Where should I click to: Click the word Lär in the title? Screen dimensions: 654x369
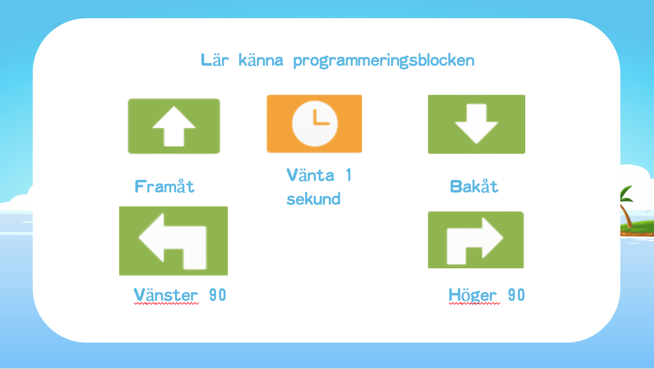pos(215,60)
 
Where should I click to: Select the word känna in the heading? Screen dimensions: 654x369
pos(261,60)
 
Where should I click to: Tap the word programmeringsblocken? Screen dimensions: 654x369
pos(384,61)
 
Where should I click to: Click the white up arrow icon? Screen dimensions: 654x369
pos(174,126)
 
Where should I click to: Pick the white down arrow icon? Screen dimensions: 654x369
pos(477,123)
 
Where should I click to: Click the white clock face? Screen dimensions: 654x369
pos(315,123)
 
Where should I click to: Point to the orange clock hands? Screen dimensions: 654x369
pos(321,117)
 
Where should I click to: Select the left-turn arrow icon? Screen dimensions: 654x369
pos(172,241)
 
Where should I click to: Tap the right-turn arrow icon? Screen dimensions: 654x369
pos(475,241)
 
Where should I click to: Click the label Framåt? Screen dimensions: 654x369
pos(164,186)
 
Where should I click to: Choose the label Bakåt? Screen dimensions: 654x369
pos(474,186)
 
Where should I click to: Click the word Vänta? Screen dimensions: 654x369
pos(310,175)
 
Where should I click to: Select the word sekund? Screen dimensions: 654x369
pos(313,199)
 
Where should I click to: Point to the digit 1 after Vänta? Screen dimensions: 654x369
pos(349,175)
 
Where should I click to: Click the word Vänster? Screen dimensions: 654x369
pos(166,295)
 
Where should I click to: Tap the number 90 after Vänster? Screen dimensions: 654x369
pos(217,295)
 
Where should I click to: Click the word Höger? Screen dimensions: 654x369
pos(473,295)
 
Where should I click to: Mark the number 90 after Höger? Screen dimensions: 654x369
pos(516,295)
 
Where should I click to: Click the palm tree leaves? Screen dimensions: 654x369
pos(627,195)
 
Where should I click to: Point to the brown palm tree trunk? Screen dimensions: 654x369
pos(626,216)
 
